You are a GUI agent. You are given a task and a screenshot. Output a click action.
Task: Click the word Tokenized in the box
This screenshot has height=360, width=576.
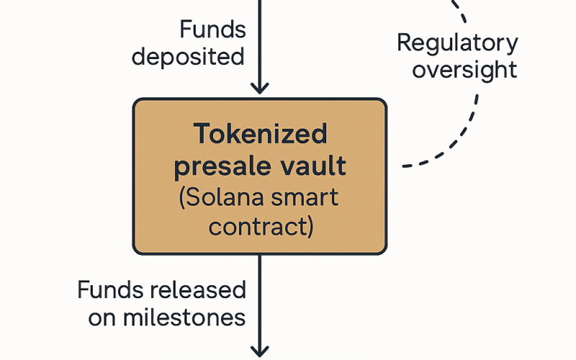coord(260,133)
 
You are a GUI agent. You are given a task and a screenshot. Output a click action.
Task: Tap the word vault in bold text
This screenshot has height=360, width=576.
coord(313,166)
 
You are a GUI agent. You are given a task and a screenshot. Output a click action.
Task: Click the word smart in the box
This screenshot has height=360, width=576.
coord(305,197)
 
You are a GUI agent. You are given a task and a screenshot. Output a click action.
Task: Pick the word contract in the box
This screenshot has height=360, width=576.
coord(257,227)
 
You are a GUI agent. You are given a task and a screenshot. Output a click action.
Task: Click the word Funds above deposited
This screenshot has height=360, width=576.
coord(212,29)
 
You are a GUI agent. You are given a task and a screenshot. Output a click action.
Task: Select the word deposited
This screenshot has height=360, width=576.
coord(188,57)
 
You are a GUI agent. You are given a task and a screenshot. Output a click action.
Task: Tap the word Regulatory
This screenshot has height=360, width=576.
coord(457,44)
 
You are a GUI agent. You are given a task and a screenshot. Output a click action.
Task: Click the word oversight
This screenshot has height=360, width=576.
coord(464,70)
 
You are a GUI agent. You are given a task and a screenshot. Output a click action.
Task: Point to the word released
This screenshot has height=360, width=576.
coord(197,289)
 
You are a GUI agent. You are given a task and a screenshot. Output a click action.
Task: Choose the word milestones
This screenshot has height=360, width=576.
coord(184,318)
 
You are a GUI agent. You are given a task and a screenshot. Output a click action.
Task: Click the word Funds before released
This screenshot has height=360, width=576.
coord(110,289)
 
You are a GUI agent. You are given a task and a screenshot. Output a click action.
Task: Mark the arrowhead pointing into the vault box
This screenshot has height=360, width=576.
coord(260,89)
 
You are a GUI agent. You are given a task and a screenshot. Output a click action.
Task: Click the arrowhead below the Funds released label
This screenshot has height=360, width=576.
coord(260,351)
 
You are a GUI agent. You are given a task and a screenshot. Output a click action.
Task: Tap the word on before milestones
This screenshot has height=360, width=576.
coord(102,318)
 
